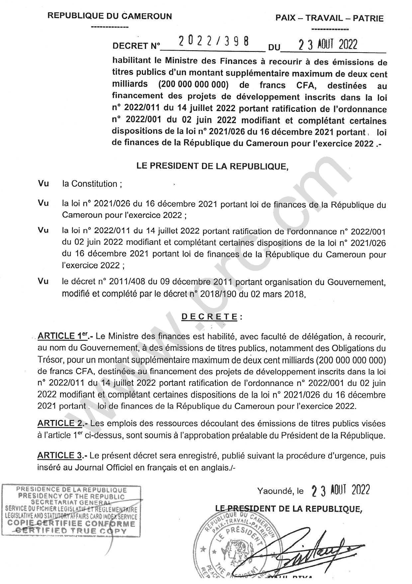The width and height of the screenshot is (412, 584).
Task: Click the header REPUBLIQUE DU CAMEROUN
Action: pyautogui.click(x=110, y=16)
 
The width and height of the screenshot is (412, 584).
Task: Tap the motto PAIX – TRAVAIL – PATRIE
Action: pyautogui.click(x=329, y=18)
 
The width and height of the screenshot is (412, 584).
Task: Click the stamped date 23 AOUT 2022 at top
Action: pyautogui.click(x=328, y=44)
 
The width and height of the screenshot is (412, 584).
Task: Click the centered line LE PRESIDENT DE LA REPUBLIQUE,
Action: pyautogui.click(x=212, y=166)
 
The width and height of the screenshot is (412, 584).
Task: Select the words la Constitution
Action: pyautogui.click(x=90, y=184)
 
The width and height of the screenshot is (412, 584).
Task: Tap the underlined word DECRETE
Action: pyautogui.click(x=209, y=317)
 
